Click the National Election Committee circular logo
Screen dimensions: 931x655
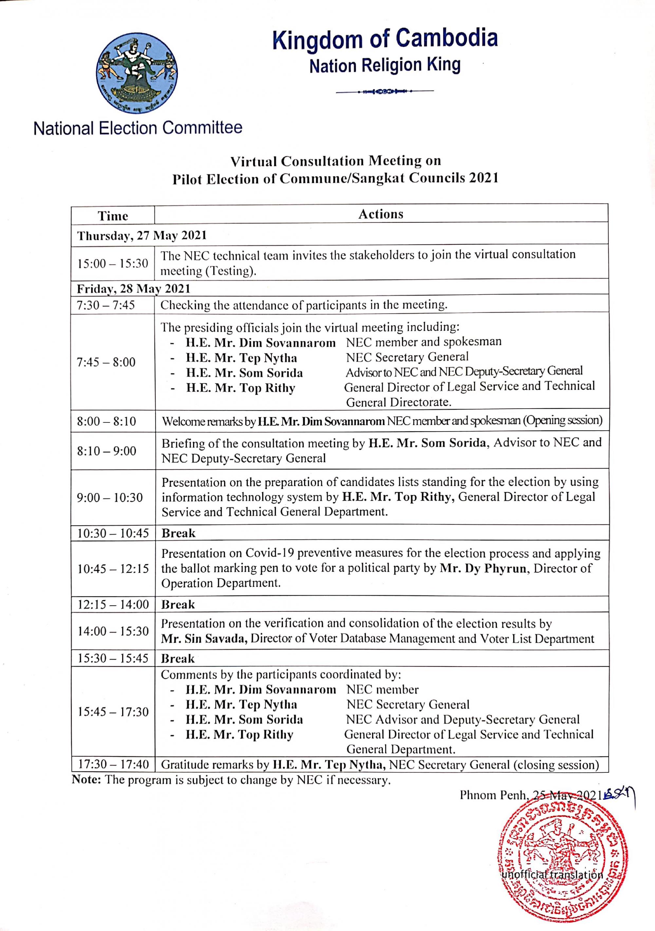pos(137,73)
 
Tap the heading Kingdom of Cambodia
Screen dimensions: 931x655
pos(385,39)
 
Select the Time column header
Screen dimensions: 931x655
pos(113,216)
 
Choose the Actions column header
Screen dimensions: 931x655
pos(381,214)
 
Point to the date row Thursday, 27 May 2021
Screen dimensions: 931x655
pos(142,236)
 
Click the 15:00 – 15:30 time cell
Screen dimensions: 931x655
pos(113,263)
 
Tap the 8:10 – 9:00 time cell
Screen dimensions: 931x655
pos(106,451)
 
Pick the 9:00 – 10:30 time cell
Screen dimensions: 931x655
pos(109,497)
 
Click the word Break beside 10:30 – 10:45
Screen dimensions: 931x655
pos(178,533)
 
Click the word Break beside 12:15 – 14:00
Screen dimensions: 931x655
pos(178,604)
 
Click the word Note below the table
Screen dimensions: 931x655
pos(86,780)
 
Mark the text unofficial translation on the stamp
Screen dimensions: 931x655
pos(552,875)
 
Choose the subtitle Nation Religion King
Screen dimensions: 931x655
pos(385,65)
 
